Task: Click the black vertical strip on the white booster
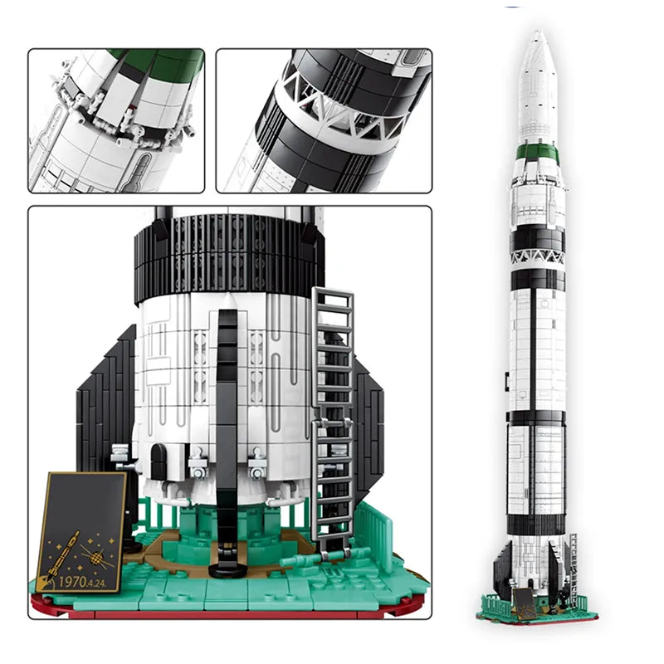(x=227, y=398)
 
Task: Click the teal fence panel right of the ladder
(x=378, y=531)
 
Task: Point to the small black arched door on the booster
(x=159, y=461)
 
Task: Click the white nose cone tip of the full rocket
(x=538, y=41)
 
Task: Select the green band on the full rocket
(x=538, y=151)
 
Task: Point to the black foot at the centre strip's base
(x=225, y=570)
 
